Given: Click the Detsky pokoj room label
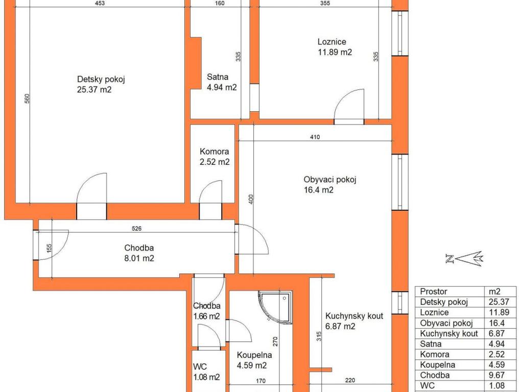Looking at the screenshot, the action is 101,84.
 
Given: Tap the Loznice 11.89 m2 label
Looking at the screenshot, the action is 335,47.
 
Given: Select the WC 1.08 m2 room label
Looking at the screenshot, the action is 206,372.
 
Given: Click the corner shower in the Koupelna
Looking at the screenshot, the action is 275,307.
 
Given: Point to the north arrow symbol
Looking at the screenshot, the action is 464,258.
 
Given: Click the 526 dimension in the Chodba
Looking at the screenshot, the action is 137,229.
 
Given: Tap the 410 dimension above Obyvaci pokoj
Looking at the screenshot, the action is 315,137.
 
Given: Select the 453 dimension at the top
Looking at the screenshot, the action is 100,4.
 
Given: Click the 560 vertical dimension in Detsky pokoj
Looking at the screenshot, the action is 28,99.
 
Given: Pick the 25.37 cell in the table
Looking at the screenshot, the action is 498,302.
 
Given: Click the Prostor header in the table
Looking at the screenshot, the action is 433,291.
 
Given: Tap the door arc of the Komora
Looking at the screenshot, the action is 210,192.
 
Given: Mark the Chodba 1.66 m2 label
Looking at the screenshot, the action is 206,311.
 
